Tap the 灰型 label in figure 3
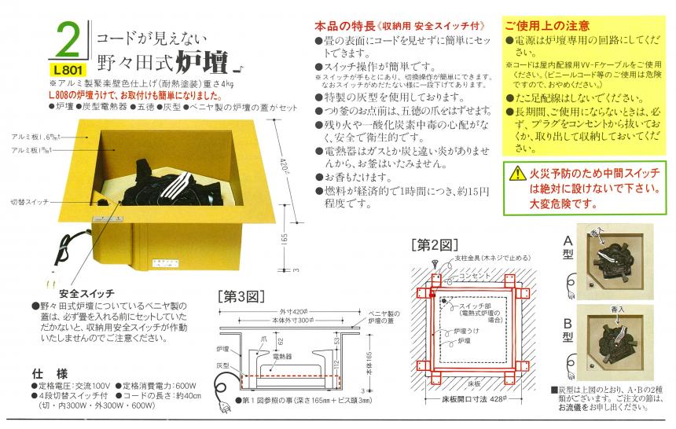(223, 365)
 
